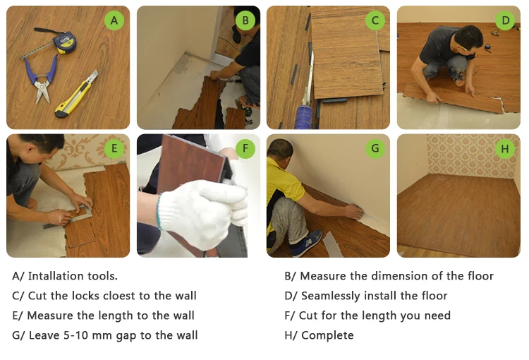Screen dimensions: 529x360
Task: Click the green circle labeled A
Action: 114,20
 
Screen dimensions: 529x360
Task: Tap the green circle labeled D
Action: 505,20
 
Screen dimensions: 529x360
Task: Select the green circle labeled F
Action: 245,149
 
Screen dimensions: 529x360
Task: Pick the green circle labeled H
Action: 505,149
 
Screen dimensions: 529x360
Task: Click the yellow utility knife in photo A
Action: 77,95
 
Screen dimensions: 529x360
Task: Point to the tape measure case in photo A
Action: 64,43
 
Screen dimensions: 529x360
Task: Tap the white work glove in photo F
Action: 202,212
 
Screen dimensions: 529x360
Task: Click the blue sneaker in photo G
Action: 306,243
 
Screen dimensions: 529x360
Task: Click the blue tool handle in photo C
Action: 303,116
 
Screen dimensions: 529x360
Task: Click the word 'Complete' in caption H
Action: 327,335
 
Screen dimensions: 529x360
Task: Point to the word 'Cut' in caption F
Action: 308,316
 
